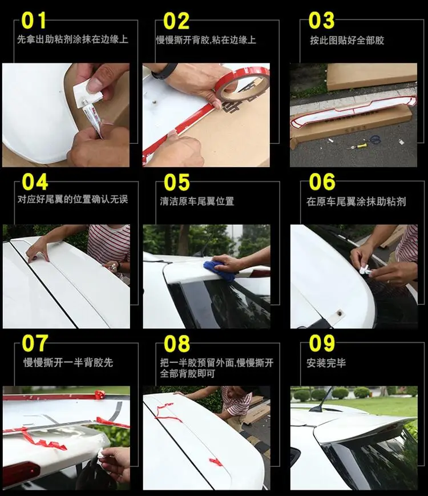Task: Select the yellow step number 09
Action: [322, 344]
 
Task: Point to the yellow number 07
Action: [35, 344]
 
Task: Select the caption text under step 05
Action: [197, 201]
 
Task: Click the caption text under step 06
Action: [356, 201]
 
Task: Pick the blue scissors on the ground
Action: [373, 139]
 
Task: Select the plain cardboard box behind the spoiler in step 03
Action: [371, 75]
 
